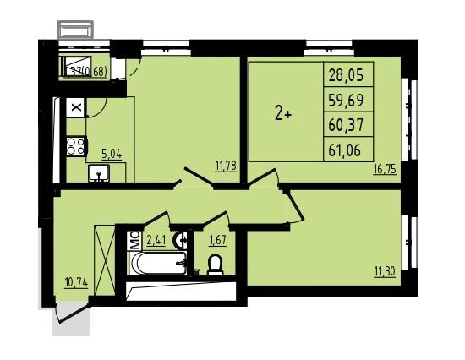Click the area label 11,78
226,166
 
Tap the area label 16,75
385,168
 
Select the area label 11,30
385,270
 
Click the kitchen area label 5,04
112,154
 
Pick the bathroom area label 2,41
156,240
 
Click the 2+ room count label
282,116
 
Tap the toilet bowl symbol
215,265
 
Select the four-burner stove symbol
75,145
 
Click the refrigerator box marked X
75,108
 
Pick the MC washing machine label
133,239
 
